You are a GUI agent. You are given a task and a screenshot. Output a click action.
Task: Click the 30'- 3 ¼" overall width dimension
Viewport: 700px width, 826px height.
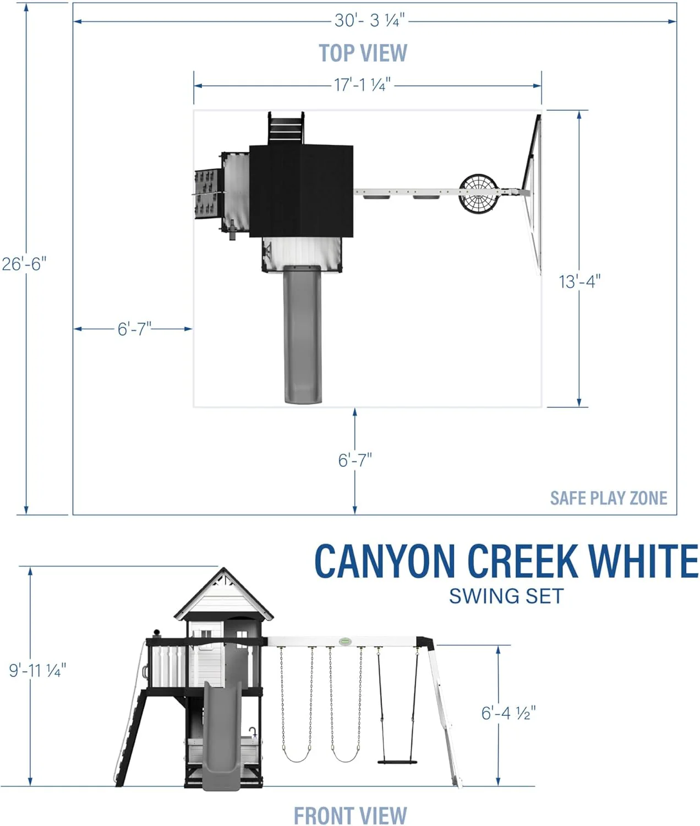pos(369,21)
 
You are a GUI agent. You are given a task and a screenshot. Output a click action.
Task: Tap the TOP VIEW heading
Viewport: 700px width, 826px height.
pos(363,53)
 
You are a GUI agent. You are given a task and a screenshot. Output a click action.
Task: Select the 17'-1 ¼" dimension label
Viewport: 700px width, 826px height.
pos(362,85)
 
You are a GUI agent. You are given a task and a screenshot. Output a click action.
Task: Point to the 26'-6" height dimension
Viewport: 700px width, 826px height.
pos(24,264)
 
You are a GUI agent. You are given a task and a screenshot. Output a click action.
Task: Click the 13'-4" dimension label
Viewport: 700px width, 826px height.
pos(579,281)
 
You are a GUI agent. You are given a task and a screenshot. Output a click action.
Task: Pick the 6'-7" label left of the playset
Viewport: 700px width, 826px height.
pos(134,329)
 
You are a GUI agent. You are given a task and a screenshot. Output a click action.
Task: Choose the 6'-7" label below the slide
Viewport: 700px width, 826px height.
pos(355,460)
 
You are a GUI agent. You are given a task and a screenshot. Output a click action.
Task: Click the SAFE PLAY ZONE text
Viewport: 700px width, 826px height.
pos(608,498)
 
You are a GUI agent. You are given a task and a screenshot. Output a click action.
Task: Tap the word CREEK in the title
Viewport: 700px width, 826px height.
pos(523,562)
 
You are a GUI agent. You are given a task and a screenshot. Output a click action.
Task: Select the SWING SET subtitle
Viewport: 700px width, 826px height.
pos(506,596)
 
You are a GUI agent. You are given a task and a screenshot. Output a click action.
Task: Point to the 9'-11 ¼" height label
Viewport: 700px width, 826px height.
pos(37,670)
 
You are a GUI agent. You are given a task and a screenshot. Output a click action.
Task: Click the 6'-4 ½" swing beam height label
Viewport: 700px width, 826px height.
pos(508,713)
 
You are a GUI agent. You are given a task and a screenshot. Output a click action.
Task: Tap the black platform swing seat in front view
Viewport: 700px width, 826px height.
pos(397,762)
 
